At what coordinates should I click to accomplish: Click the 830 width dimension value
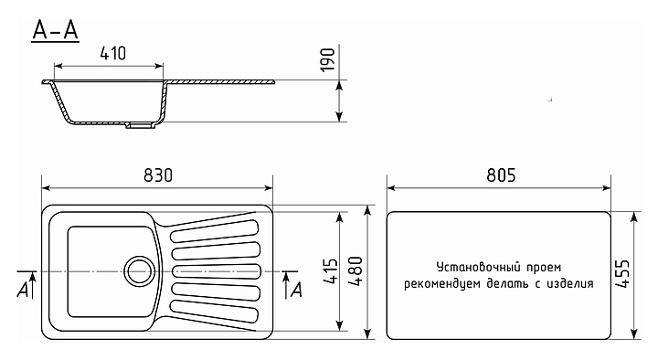[x=158, y=175]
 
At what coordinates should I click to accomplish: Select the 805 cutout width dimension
[x=501, y=175]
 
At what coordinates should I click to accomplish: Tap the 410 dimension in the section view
[x=113, y=53]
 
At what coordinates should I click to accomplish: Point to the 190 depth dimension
[x=328, y=59]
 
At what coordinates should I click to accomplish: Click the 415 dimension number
[x=331, y=271]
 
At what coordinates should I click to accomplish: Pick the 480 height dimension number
[x=356, y=271]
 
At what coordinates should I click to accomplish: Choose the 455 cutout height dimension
[x=622, y=273]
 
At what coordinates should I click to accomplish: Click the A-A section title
[x=56, y=31]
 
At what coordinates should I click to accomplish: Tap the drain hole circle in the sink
[x=139, y=271]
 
